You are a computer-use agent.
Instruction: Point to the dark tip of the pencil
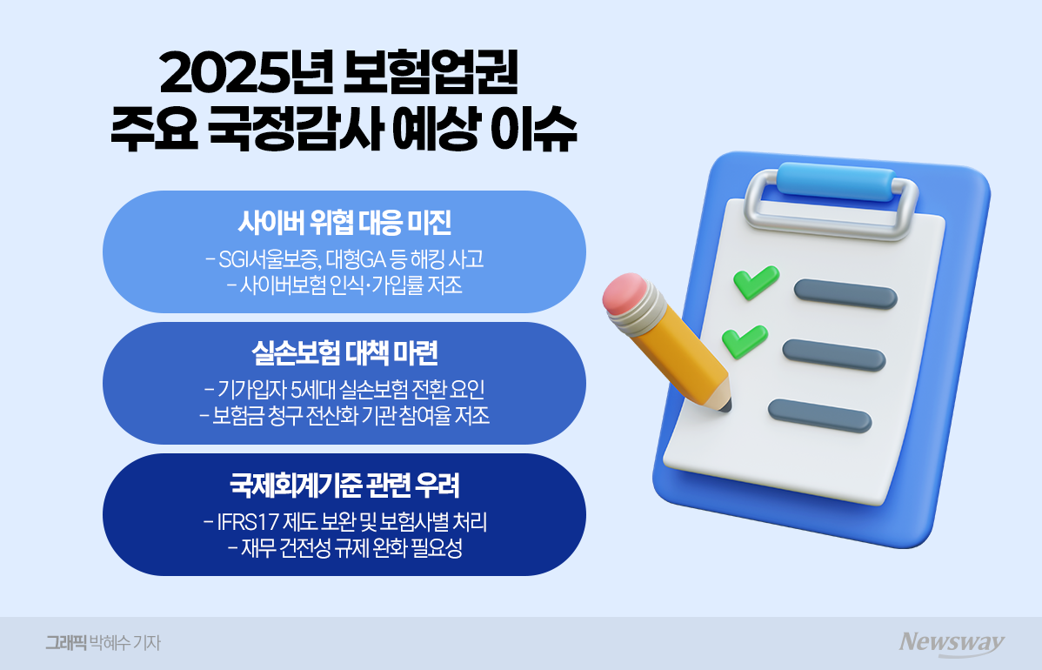point(726,405)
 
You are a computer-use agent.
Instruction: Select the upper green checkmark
point(749,283)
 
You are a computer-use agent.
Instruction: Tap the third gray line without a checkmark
point(819,416)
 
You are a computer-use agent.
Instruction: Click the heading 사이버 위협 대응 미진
point(344,224)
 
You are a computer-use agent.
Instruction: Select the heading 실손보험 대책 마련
point(344,353)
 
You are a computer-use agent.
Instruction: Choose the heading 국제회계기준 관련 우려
point(344,484)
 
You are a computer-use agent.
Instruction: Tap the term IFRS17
point(237,523)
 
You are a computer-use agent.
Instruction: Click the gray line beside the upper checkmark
point(845,294)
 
